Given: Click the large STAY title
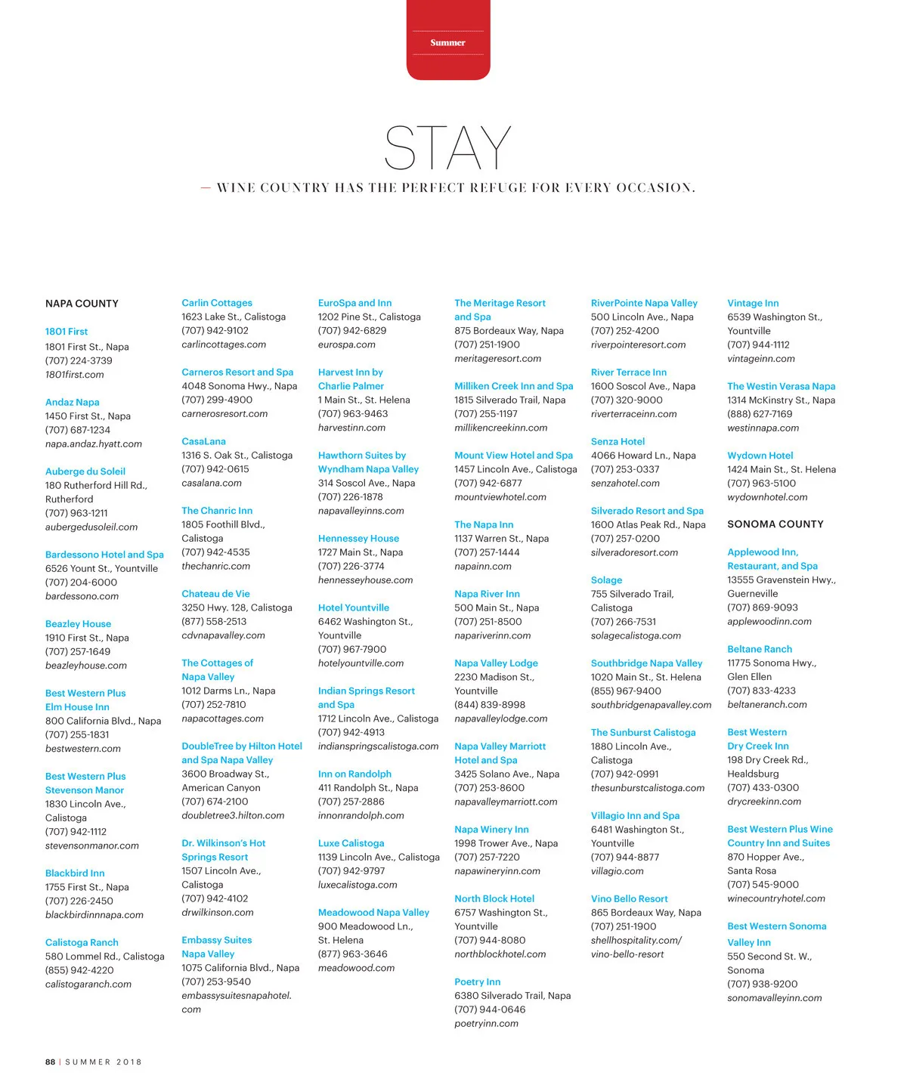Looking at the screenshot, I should (447, 148).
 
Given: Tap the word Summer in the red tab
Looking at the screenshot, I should (447, 43).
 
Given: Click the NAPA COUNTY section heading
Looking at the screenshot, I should (82, 304).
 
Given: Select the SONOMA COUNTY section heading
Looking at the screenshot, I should (775, 524).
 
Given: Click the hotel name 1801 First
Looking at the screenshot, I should (67, 332).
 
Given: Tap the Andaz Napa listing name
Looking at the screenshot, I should (73, 403).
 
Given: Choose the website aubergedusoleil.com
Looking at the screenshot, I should (91, 527).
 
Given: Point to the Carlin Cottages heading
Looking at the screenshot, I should (217, 303).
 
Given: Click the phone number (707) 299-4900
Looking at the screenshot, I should (217, 400).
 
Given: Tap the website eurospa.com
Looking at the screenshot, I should (346, 345).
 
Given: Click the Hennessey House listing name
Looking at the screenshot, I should (358, 539).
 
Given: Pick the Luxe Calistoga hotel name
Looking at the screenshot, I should (351, 843).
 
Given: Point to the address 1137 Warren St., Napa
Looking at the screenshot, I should (501, 539).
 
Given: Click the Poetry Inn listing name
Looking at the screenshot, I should (477, 982).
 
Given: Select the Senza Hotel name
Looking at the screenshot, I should (618, 442).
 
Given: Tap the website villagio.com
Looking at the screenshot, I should (617, 871).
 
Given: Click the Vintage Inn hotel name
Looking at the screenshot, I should (753, 303).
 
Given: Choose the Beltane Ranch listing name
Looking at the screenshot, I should (760, 649).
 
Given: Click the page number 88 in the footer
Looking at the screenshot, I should (50, 1062).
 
